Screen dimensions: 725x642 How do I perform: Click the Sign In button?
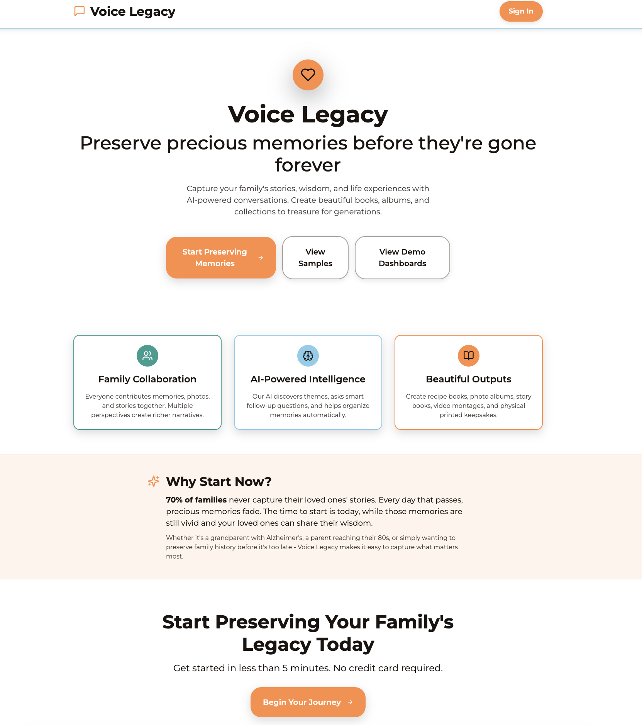click(521, 11)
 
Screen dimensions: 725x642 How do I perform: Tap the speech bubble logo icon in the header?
click(80, 11)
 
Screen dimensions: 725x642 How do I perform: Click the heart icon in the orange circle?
click(308, 75)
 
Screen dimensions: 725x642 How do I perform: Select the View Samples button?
click(315, 258)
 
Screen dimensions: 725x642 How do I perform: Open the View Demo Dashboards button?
click(402, 258)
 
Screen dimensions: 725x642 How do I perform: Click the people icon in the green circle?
click(147, 356)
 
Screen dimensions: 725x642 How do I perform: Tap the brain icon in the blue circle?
click(308, 356)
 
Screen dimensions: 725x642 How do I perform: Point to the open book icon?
click(468, 356)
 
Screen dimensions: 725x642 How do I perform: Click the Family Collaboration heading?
click(147, 379)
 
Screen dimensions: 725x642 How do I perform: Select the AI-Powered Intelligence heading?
click(308, 379)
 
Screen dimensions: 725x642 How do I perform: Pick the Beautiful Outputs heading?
click(468, 379)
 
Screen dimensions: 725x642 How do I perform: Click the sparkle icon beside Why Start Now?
click(154, 481)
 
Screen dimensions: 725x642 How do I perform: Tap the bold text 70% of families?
click(196, 500)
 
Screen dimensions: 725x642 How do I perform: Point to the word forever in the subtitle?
click(308, 165)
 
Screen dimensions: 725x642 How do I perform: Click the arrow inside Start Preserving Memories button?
click(261, 258)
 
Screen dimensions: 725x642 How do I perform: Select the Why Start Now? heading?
click(219, 482)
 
